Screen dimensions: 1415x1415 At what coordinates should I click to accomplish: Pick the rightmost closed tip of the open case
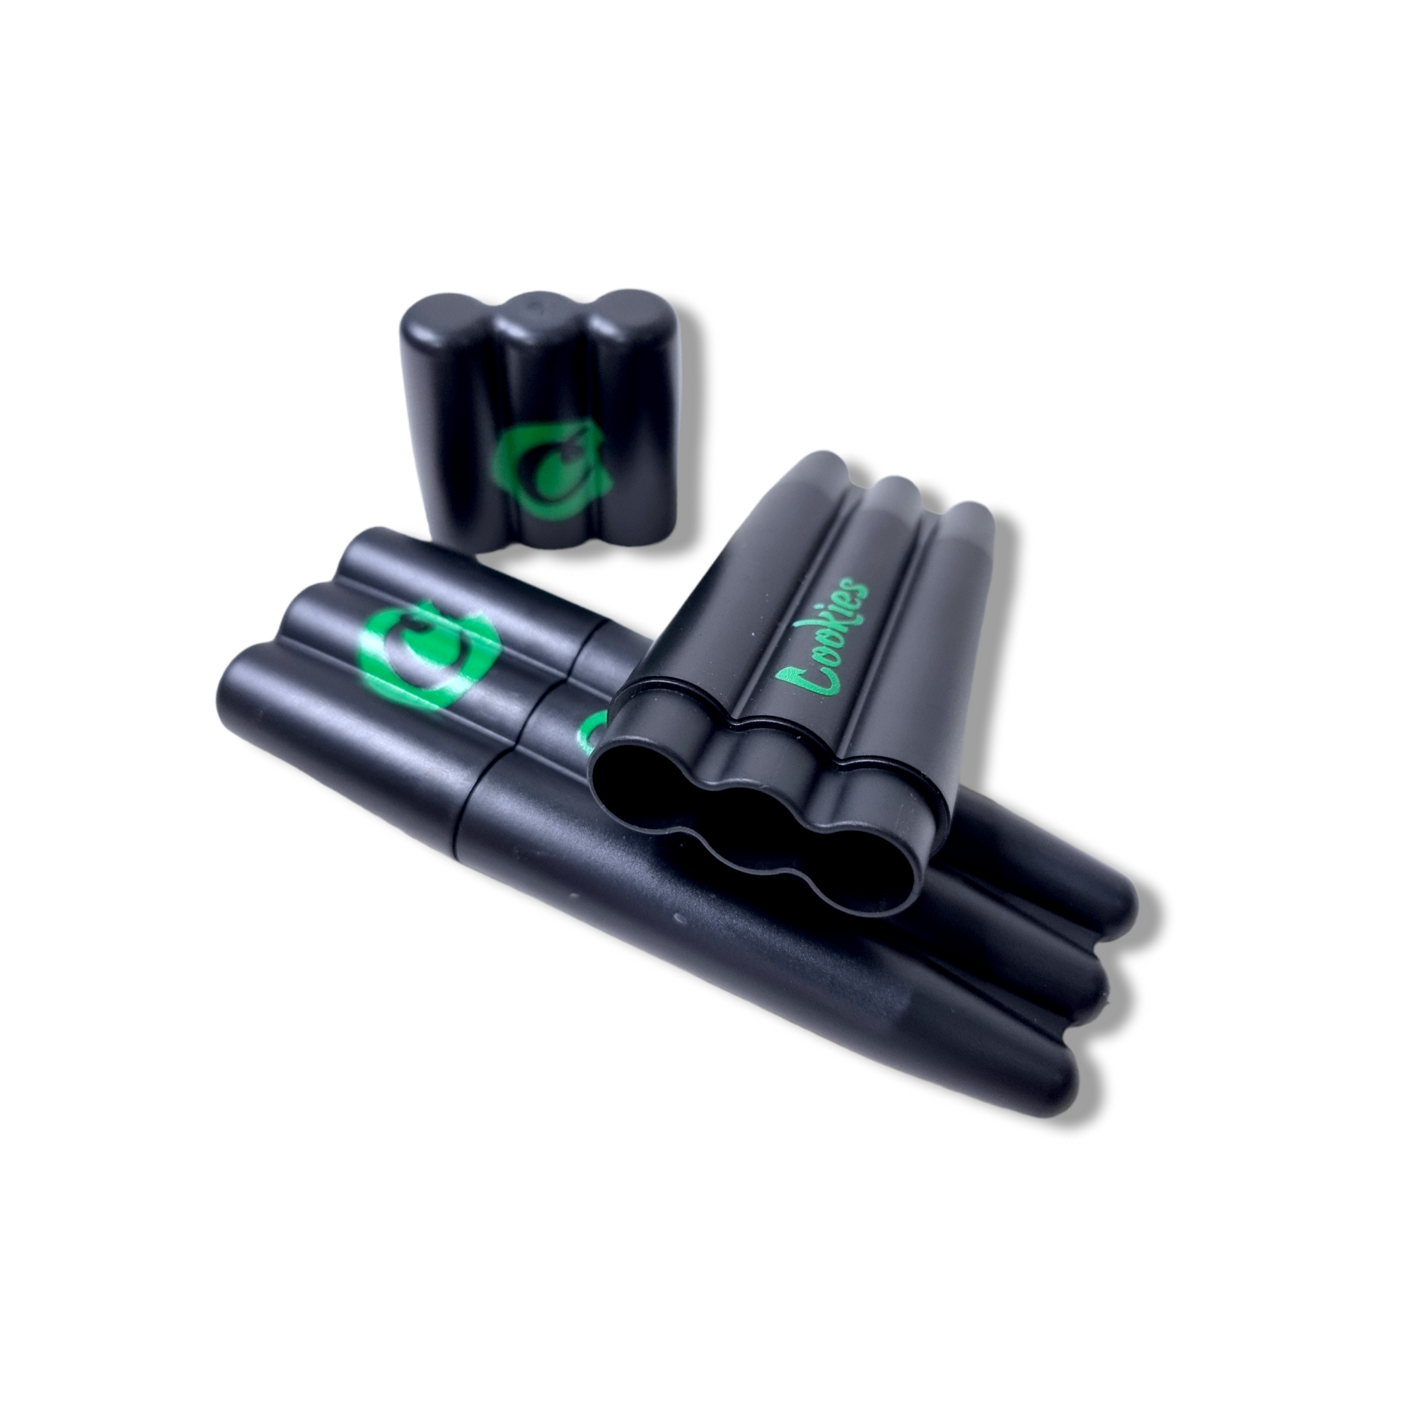tap(974, 513)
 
